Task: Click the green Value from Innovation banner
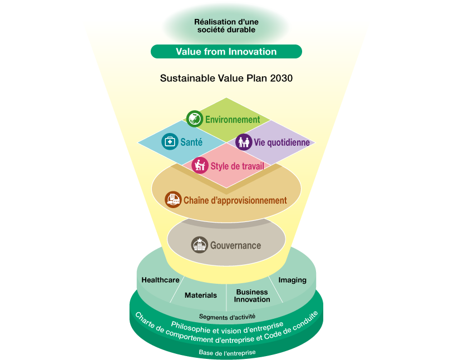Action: [226, 52]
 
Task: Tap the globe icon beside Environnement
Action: [195, 119]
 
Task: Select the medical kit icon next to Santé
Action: [170, 142]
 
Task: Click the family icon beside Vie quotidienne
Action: [244, 142]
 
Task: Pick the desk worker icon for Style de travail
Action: [200, 165]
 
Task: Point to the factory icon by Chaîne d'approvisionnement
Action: [173, 200]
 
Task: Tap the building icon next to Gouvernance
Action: [200, 245]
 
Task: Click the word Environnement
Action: [233, 120]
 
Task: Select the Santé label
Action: [191, 142]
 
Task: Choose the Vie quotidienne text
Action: [282, 142]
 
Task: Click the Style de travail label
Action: [237, 166]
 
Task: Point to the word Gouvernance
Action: [235, 245]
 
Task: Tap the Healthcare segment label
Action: [160, 280]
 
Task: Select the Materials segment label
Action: [201, 295]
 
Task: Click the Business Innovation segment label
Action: [252, 295]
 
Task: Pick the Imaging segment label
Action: [293, 280]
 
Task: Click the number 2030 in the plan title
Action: [281, 78]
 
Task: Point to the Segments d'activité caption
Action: [228, 317]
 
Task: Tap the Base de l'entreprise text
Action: [228, 352]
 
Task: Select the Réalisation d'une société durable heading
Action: [226, 26]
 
